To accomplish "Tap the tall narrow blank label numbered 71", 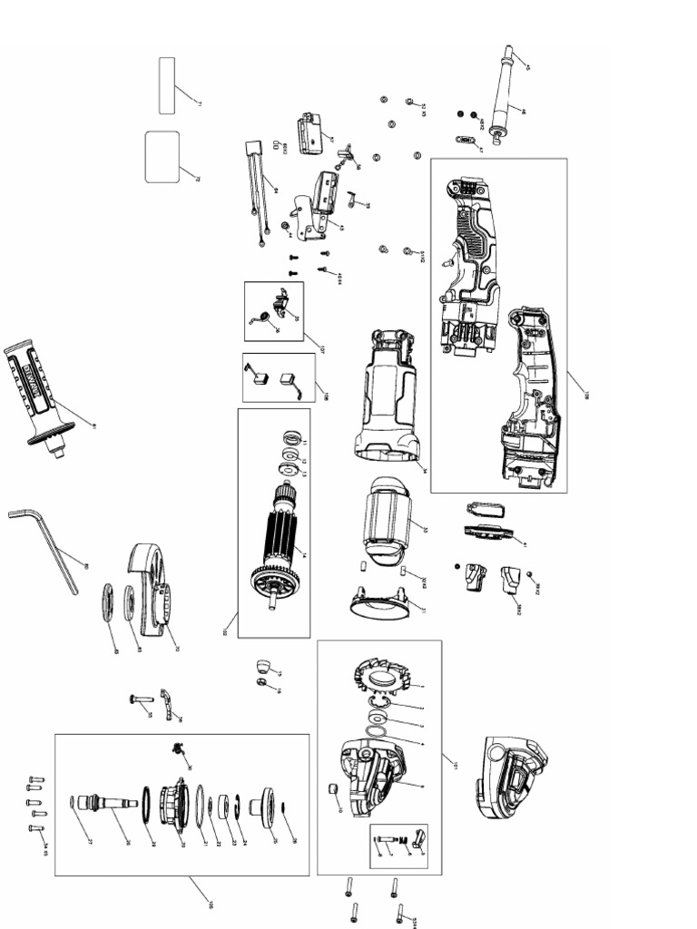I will (167, 86).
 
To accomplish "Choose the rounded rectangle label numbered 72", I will (162, 157).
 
